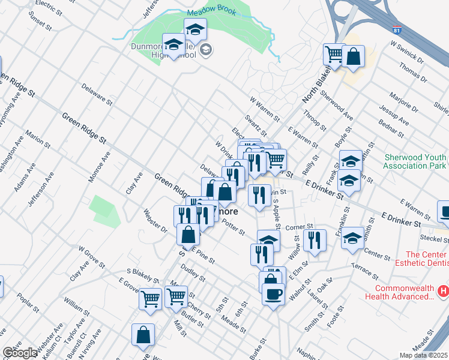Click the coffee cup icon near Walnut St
tap(274, 294)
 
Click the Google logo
tap(20, 353)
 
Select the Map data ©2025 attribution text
tap(424, 355)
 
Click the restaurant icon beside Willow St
tap(315, 240)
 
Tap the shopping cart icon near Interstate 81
tap(333, 54)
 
